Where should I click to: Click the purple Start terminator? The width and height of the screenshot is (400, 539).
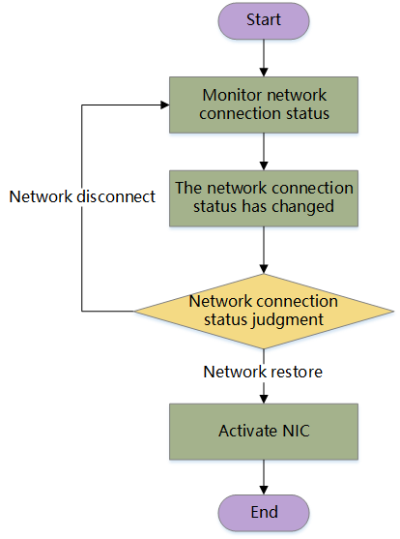(264, 20)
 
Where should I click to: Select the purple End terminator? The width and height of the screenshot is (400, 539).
(264, 513)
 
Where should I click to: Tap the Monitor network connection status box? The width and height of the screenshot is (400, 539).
(264, 105)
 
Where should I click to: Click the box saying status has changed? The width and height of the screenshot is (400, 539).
(264, 198)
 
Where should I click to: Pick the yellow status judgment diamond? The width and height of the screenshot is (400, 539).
(264, 311)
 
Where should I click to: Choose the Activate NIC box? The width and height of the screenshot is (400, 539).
(264, 432)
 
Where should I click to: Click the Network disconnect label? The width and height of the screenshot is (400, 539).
(82, 196)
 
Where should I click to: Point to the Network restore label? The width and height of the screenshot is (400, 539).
(263, 372)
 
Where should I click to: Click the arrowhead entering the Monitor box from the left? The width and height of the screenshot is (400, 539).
(165, 105)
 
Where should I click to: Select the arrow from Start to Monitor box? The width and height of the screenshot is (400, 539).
(264, 58)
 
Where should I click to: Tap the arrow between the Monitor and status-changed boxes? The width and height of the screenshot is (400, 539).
(264, 152)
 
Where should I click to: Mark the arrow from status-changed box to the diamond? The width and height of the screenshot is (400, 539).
(264, 250)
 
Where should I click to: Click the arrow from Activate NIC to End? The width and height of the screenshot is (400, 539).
(264, 477)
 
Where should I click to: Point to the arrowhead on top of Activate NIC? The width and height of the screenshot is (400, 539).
(264, 399)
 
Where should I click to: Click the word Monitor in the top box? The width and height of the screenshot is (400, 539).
(230, 95)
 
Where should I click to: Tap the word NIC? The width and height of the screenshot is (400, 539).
(296, 431)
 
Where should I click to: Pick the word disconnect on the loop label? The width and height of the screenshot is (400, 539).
(116, 196)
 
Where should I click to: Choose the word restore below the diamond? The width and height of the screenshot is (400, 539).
(296, 372)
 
